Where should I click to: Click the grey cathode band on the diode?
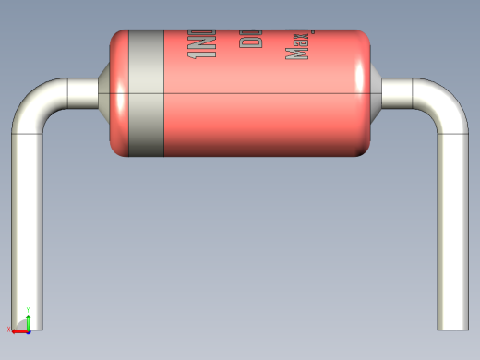click(x=145, y=92)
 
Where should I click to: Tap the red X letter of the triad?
click(x=9, y=330)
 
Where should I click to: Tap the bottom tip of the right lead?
click(x=453, y=325)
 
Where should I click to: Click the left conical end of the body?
click(x=104, y=92)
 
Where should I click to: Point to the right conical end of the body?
click(x=376, y=92)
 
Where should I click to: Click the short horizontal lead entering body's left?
click(x=83, y=92)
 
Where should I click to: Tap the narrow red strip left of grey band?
click(x=119, y=92)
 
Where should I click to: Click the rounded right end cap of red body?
click(x=364, y=92)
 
